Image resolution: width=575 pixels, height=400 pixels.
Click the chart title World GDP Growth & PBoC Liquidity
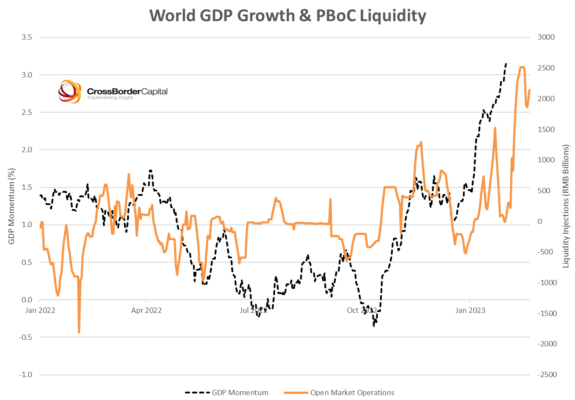[288, 16]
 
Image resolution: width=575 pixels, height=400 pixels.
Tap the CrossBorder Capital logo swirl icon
[70, 92]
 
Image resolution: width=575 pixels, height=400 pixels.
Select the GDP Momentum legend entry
[226, 393]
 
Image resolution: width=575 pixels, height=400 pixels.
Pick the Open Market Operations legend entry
[339, 393]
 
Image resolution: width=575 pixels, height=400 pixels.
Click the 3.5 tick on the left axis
[27, 37]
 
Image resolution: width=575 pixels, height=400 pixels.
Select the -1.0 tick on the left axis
[26, 375]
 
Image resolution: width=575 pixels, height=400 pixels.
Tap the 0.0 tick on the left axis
[27, 300]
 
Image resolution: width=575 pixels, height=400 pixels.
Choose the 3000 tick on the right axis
[546, 37]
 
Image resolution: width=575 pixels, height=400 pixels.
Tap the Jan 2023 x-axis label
[470, 310]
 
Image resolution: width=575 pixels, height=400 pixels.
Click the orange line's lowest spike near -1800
[79, 332]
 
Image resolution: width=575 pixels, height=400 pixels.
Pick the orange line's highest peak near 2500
[522, 67]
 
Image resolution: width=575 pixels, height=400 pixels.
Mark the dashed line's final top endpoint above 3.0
[506, 63]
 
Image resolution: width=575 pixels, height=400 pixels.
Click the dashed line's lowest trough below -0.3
[374, 326]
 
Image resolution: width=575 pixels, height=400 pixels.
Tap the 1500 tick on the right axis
[545, 129]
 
